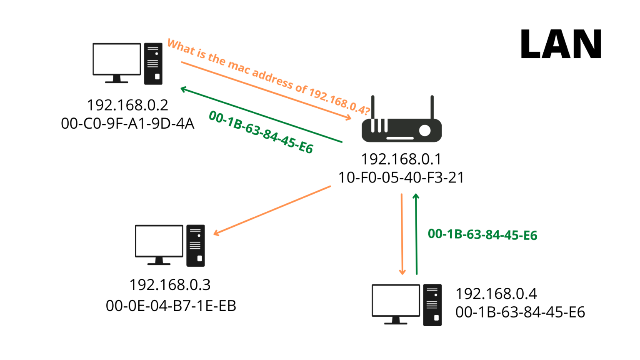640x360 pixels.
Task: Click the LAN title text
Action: pos(561,44)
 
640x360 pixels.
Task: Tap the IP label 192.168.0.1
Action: pos(401,159)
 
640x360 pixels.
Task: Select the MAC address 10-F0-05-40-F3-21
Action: pos(401,177)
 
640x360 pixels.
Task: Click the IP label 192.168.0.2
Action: pos(127,105)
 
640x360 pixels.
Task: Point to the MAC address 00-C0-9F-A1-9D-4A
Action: pos(127,123)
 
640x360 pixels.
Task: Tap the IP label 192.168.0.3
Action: pos(170,285)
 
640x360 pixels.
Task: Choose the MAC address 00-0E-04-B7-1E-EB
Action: pos(171,306)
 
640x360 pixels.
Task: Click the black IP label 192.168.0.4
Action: pos(496,294)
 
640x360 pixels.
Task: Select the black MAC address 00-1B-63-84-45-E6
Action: pos(520,312)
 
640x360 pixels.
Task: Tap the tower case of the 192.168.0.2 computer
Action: pos(153,64)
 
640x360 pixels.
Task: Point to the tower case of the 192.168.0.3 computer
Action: pos(195,245)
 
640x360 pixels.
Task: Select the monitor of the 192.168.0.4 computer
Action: pos(396,300)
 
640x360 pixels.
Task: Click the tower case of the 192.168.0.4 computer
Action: pos(432,305)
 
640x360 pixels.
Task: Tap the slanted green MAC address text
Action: pos(261,132)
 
